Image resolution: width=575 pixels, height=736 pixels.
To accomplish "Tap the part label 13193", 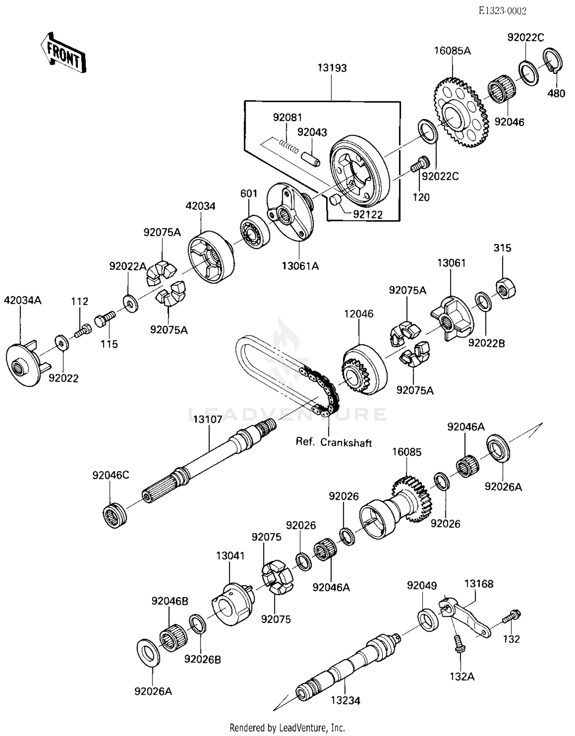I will point(332,68).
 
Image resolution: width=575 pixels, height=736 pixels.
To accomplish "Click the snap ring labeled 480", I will point(553,60).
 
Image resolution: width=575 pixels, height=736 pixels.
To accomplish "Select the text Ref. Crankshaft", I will point(333,442).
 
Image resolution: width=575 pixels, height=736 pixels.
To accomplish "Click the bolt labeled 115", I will point(104,319).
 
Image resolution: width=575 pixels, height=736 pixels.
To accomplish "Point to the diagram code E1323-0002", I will point(502,11).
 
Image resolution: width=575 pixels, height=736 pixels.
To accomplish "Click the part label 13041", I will point(230,555).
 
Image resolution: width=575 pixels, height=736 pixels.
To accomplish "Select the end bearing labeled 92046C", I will point(115,515).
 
